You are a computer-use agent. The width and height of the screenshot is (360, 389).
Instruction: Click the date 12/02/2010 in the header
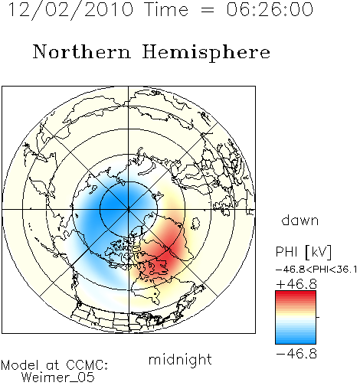point(70,10)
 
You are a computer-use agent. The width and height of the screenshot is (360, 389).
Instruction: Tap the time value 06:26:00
point(270,9)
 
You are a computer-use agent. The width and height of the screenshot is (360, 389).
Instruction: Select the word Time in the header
point(166,9)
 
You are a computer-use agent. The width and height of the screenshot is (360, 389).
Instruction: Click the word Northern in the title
point(82,51)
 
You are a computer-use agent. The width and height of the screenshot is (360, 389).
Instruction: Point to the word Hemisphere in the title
point(206,53)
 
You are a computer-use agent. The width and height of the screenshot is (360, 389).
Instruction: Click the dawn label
point(300,220)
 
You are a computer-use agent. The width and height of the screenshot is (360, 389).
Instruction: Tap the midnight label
point(180,359)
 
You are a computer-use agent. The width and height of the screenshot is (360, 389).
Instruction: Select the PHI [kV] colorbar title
point(303,252)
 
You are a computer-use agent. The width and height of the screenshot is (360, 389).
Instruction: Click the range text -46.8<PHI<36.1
point(316,270)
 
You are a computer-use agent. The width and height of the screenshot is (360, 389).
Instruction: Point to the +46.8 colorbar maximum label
point(296,284)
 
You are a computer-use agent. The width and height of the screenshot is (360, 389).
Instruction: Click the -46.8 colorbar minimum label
point(296,354)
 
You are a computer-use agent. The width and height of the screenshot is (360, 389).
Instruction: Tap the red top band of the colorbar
point(296,294)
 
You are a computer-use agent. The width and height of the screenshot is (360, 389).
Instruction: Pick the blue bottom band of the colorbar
point(296,341)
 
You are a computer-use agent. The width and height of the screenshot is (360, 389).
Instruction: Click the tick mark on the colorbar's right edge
point(318,317)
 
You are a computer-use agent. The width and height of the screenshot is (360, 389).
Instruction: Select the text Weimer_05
point(58,377)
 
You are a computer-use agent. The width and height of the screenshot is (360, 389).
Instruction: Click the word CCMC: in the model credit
point(87,365)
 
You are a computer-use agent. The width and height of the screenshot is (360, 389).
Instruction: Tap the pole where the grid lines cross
point(129,210)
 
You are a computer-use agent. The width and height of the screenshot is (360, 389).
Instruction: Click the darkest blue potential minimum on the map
point(113,204)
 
